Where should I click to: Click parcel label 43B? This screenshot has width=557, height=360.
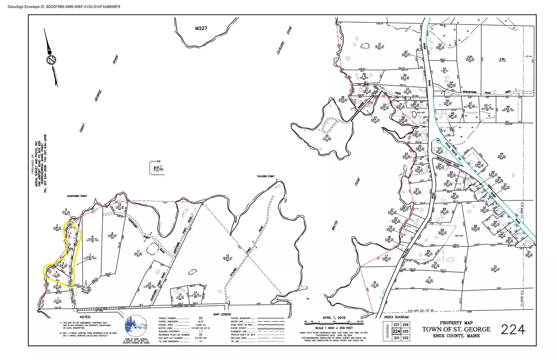[x=502, y=59]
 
